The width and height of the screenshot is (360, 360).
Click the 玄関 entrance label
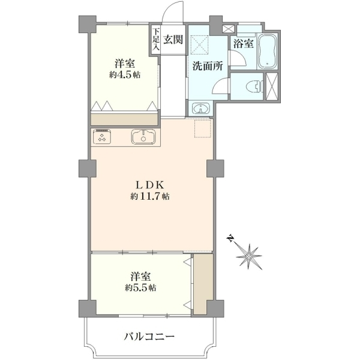point(173,40)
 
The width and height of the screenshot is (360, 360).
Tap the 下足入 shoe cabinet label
point(156,39)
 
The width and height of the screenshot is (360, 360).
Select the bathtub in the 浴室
point(267,52)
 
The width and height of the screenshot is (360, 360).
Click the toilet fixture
point(254,87)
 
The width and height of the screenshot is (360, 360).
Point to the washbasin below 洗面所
point(201,108)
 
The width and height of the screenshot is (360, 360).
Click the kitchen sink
point(143,137)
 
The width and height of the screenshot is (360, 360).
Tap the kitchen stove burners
point(102,137)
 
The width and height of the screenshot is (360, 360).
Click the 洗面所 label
point(208,66)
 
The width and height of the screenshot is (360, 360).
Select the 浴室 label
point(244,44)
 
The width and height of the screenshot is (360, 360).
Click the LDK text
point(150,184)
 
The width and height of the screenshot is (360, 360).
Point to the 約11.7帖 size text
point(150,197)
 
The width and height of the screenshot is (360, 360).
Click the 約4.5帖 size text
point(125,75)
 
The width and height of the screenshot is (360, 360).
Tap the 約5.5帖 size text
point(140,287)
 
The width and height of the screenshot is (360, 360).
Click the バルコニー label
point(149,337)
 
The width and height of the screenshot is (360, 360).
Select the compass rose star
point(249,256)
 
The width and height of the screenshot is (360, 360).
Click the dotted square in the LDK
point(203,128)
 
